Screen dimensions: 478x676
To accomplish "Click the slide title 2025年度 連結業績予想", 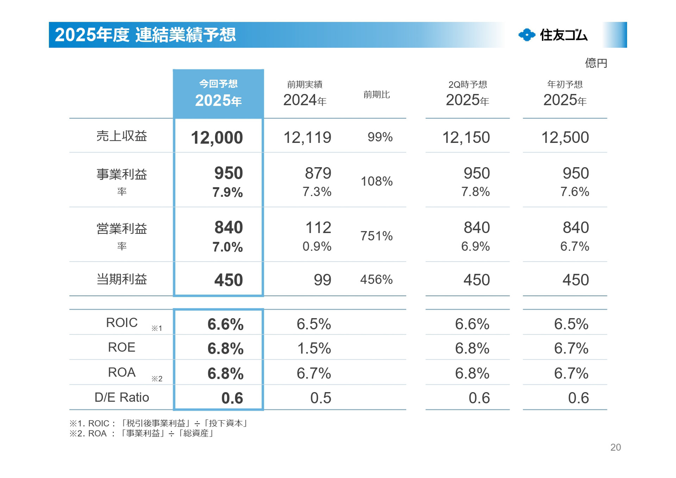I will pos(145,35).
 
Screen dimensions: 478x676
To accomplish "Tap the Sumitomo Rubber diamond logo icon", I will pos(527,35).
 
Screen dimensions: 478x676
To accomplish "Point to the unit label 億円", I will pos(596,63).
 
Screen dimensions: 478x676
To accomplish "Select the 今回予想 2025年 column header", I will pos(218,94).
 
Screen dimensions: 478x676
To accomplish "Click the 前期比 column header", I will pos(376,95).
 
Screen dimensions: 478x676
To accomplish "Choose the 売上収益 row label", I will pos(121,136).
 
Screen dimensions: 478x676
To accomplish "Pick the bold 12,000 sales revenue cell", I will pos(217,138).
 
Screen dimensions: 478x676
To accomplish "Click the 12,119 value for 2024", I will pos(307,138).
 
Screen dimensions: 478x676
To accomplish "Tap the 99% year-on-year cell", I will pos(380,137).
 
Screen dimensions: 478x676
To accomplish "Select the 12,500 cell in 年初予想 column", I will pos(565,138).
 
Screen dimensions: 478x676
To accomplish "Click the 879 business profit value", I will pos(318,173).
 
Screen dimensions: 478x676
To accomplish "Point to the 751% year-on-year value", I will pos(376,236).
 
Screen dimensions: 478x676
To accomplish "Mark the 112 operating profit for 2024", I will pos(318,228).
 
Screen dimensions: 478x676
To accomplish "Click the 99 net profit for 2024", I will pos(322,280).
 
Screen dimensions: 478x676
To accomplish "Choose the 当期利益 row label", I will pos(121,279).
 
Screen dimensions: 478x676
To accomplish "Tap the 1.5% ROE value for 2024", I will pos(314,348).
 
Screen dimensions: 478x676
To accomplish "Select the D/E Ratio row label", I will pos(121,397).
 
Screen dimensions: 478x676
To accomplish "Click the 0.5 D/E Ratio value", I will pos(320,398).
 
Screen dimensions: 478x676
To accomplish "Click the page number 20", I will pos(615,447).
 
